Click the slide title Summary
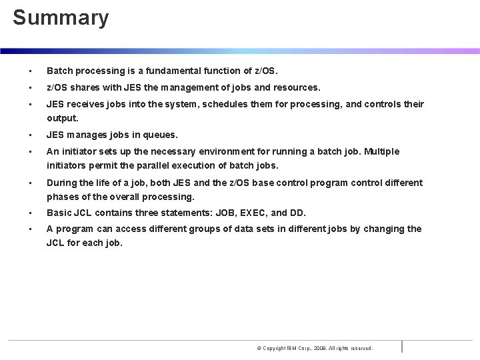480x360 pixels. pyautogui.click(x=61, y=18)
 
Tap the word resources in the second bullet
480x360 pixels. pyautogui.click(x=296, y=87)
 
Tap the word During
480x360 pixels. pyautogui.click(x=62, y=182)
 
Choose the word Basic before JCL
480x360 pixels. pyautogui.click(x=60, y=213)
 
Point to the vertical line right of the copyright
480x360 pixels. pyautogui.click(x=402, y=346)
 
